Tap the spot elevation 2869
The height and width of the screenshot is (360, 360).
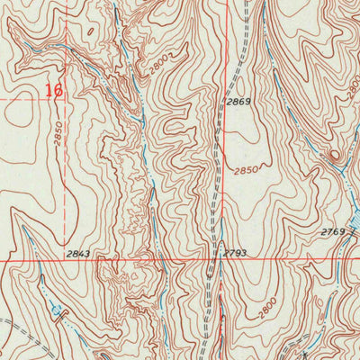point(238,103)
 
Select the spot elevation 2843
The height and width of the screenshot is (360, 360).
point(78,255)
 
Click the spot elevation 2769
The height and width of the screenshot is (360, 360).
point(332,233)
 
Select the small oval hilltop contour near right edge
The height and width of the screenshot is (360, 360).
point(335,156)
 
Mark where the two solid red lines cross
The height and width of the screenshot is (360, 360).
point(217,258)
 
